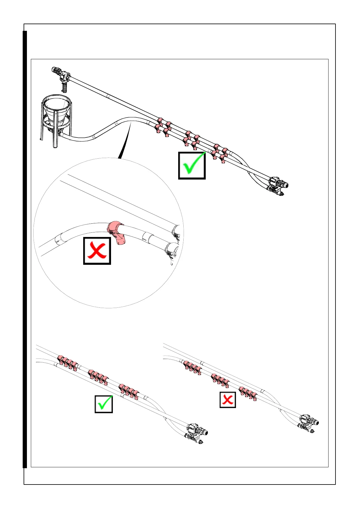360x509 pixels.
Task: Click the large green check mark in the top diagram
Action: tap(192, 166)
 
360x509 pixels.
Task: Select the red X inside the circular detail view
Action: tap(97, 251)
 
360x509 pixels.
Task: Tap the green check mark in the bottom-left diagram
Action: tap(104, 404)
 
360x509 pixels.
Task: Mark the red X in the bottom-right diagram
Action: tap(227, 400)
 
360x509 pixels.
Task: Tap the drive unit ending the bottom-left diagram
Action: tap(195, 432)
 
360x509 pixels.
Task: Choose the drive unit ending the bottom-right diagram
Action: tap(308, 422)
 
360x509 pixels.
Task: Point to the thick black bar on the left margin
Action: tap(25, 249)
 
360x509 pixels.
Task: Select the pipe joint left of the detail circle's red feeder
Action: tap(59, 238)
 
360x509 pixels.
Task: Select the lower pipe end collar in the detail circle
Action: tap(171, 249)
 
